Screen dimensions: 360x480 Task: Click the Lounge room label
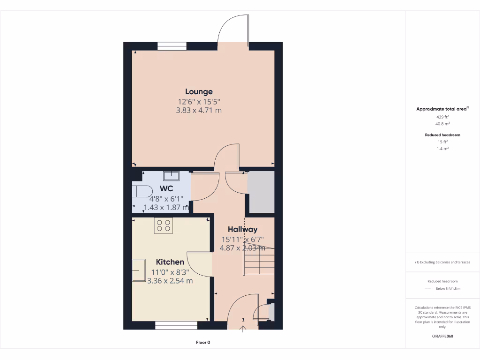pyautogui.click(x=199, y=92)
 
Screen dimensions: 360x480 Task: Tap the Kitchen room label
pyautogui.click(x=170, y=262)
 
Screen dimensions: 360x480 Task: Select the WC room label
pyautogui.click(x=166, y=189)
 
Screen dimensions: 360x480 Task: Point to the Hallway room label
pyautogui.click(x=242, y=229)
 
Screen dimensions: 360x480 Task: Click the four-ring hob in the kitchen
pyautogui.click(x=164, y=225)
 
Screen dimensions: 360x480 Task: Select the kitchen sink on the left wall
pyautogui.click(x=139, y=270)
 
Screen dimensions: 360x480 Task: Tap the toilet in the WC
pyautogui.click(x=141, y=191)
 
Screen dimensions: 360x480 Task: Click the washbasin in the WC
pyautogui.click(x=171, y=176)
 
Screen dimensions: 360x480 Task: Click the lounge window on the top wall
pyautogui.click(x=172, y=46)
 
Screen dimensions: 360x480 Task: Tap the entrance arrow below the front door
pyautogui.click(x=243, y=329)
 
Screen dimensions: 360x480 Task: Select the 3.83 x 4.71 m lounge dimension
pyautogui.click(x=199, y=111)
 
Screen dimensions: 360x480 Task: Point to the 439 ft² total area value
pyautogui.click(x=442, y=117)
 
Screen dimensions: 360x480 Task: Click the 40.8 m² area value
pyautogui.click(x=442, y=124)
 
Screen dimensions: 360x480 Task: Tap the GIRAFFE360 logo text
pyautogui.click(x=442, y=336)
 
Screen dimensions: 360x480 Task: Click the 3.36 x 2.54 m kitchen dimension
pyautogui.click(x=170, y=281)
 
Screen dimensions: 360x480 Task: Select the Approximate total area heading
pyautogui.click(x=442, y=109)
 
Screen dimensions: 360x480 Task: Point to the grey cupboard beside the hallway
pyautogui.click(x=261, y=192)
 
